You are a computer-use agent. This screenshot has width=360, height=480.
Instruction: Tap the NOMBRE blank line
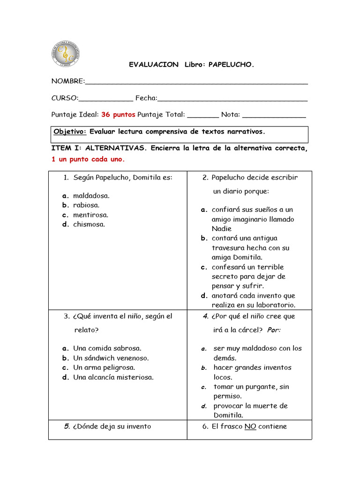[196, 82]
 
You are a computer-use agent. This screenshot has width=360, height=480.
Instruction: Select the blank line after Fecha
[232, 99]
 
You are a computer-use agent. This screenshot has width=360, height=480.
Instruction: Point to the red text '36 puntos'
[118, 114]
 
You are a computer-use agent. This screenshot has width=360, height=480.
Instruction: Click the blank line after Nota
[274, 115]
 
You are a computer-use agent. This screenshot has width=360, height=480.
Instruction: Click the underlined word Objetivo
[70, 131]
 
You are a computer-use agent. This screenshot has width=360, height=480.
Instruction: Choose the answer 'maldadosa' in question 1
[91, 195]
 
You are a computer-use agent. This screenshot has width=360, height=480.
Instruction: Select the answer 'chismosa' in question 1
[89, 224]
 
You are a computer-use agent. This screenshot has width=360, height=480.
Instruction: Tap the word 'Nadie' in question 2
[222, 229]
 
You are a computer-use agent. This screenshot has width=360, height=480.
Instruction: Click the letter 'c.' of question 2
[204, 267]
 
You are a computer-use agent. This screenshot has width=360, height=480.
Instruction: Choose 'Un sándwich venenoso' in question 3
[111, 358]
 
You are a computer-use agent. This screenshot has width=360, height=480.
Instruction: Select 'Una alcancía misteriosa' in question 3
[113, 377]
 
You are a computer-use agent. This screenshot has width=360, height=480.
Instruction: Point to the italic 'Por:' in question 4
[274, 330]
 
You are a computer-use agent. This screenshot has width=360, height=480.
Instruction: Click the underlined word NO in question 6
[250, 427]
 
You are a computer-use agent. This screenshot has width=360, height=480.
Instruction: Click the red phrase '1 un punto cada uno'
[88, 159]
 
